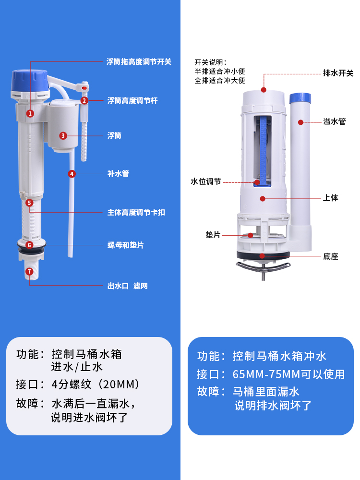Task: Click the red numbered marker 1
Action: tap(30, 114)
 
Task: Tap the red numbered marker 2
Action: tap(84, 100)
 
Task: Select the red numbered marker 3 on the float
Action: tap(63, 136)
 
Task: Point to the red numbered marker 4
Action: tap(72, 174)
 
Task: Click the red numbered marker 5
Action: tap(29, 203)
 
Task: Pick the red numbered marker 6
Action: tap(29, 245)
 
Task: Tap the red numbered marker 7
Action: tap(29, 272)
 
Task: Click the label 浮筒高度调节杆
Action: tap(132, 100)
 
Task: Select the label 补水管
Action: tap(118, 174)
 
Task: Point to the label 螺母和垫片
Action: tap(125, 245)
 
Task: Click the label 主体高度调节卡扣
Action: tap(136, 212)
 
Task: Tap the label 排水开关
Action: tap(338, 73)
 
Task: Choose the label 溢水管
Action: tap(334, 121)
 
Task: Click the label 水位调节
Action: tap(206, 181)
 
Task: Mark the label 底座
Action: tap(331, 256)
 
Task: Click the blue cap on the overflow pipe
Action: tap(300, 98)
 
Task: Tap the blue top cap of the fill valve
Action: tap(30, 80)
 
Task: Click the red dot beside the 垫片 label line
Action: tap(251, 235)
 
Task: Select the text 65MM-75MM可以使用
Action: tap(288, 374)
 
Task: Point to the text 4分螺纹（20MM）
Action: tap(96, 384)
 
